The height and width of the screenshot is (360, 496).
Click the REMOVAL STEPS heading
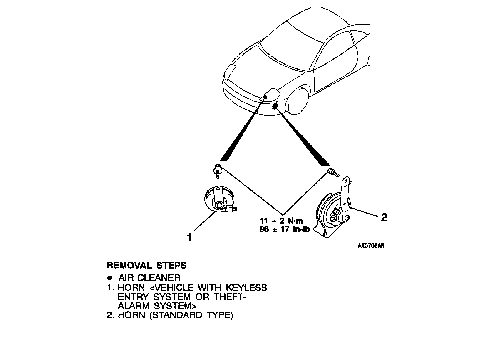tap(146, 266)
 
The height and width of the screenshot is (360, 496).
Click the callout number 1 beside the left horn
tap(189, 237)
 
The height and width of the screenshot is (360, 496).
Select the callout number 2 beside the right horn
tap(384, 217)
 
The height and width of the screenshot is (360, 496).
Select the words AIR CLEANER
tap(149, 278)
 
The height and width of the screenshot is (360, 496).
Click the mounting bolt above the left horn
tap(217, 170)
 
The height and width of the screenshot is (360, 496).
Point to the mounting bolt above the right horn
tap(332, 173)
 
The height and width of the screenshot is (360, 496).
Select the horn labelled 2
tap(333, 212)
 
